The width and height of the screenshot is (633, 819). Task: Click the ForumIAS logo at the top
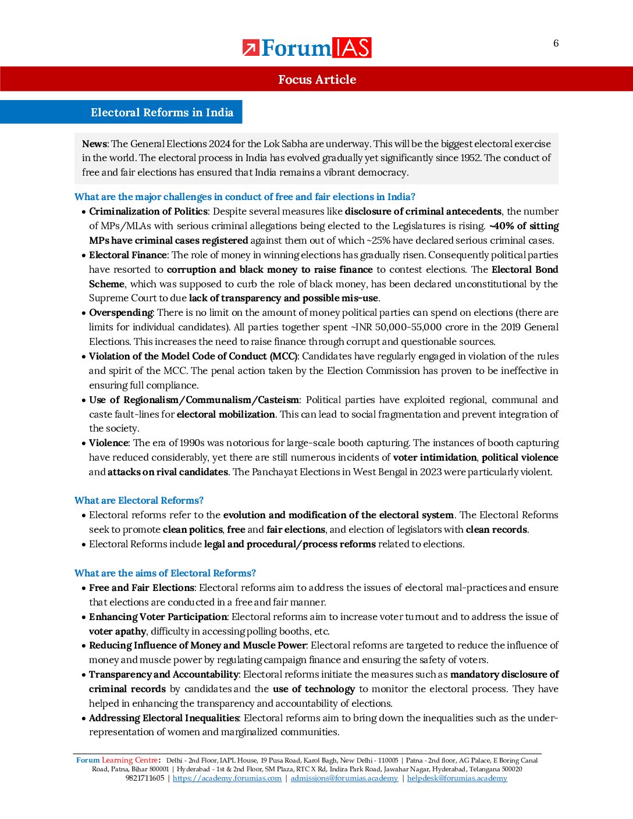(x=307, y=48)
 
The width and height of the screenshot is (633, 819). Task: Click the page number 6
(x=556, y=43)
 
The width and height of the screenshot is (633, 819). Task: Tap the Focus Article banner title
(x=316, y=80)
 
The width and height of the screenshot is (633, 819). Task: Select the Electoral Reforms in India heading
(x=162, y=112)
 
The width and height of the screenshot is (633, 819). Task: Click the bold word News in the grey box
(x=94, y=144)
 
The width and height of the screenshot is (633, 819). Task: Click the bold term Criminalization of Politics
(x=148, y=211)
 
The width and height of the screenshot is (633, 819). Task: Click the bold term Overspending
(x=121, y=312)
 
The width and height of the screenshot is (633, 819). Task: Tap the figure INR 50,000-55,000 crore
(x=399, y=327)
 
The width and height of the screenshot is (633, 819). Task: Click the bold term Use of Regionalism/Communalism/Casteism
(x=194, y=400)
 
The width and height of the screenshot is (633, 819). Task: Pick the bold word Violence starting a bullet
(x=109, y=443)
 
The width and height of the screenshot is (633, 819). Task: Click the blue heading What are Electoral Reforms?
(x=139, y=500)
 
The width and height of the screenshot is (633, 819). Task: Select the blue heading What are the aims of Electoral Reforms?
(x=165, y=573)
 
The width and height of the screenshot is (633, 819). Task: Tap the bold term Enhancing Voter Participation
(x=158, y=617)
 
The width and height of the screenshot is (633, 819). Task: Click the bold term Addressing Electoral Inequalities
(x=164, y=718)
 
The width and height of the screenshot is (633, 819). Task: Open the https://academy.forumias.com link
(x=227, y=778)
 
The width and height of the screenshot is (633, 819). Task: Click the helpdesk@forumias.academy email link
(x=457, y=778)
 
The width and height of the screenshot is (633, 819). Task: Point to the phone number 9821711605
(x=145, y=778)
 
